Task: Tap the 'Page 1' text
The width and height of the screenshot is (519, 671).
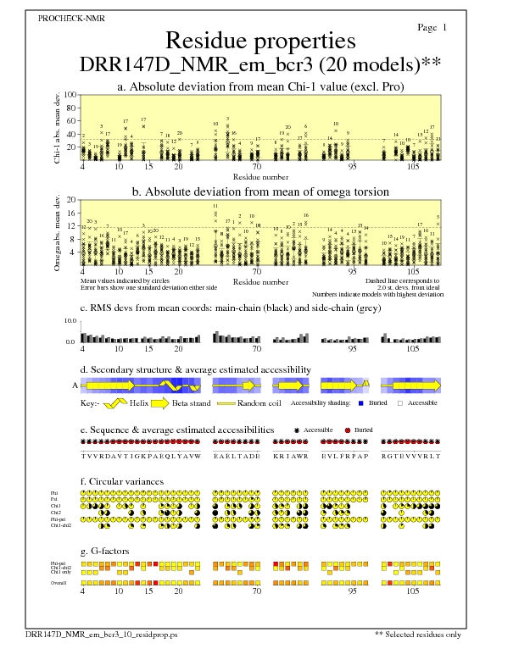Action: pyautogui.click(x=432, y=27)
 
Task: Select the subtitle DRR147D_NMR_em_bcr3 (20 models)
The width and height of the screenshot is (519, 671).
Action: pyautogui.click(x=254, y=65)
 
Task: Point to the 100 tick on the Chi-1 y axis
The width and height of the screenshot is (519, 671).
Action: pyautogui.click(x=70, y=96)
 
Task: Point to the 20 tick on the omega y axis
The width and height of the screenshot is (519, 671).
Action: pyautogui.click(x=71, y=200)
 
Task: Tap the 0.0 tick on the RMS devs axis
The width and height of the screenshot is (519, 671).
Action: pyautogui.click(x=71, y=341)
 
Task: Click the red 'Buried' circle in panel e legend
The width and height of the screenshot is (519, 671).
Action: pyautogui.click(x=348, y=430)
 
